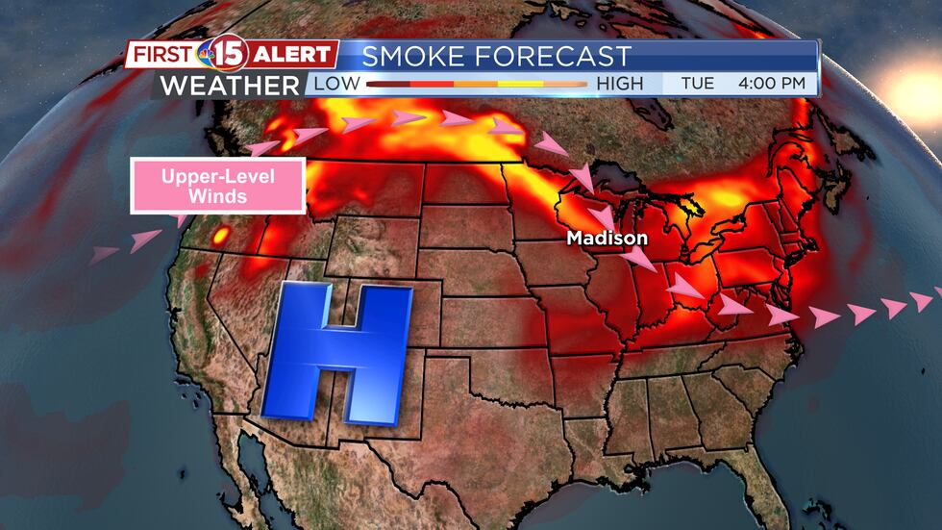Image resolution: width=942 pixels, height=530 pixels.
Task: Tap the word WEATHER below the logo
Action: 230,85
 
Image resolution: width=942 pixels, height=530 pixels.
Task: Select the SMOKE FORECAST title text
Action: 497,56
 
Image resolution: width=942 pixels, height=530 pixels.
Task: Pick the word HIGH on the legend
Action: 620,85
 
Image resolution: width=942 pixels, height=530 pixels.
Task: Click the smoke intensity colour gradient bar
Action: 476,85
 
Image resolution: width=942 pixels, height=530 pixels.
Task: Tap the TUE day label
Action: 697,84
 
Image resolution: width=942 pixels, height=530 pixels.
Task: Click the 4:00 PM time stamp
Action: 771,84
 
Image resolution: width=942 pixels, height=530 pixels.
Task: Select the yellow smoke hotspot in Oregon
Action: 222,235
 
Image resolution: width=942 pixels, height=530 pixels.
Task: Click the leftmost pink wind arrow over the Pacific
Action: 104,255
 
